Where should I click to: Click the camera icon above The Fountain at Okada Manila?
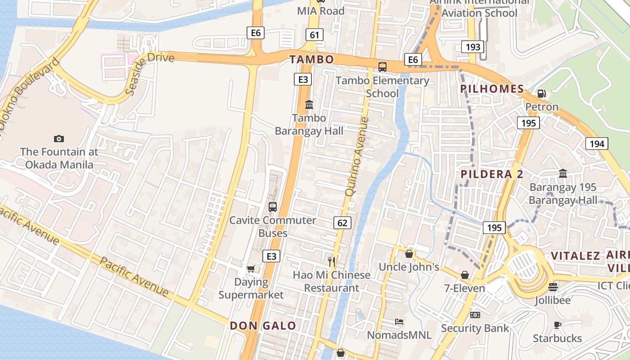[x=58, y=139]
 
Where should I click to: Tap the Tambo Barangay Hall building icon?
[x=309, y=104]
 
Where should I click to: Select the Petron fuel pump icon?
[x=542, y=94]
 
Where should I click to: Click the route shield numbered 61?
[x=314, y=35]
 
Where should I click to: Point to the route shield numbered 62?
[x=342, y=222]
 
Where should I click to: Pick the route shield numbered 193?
[x=472, y=46]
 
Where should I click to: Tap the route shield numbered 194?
[x=597, y=144]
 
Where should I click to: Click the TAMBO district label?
[x=311, y=59]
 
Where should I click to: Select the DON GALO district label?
[x=263, y=326]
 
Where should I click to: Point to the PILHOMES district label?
[x=492, y=89]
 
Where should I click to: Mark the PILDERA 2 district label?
[x=492, y=174]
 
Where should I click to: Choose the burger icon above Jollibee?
[x=553, y=287]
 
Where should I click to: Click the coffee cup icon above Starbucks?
[x=557, y=325]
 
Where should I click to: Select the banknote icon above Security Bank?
[x=475, y=315]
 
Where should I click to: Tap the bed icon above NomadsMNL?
[x=399, y=321]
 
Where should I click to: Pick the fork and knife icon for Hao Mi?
[x=332, y=261]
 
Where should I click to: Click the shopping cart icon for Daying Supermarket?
[x=251, y=269]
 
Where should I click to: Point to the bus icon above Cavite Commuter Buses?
[x=273, y=207]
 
